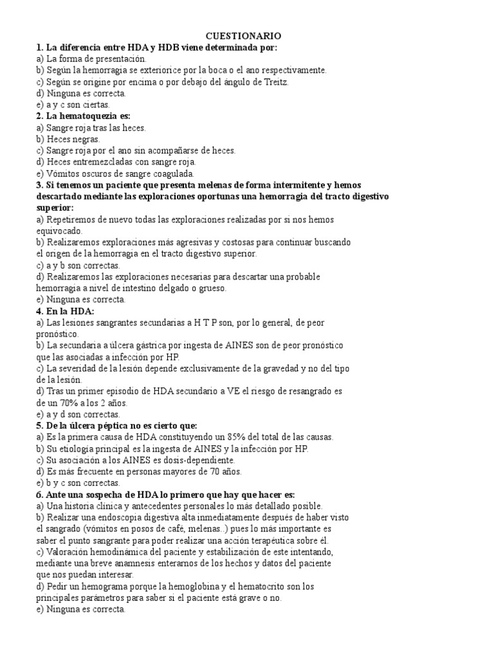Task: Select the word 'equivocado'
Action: pyautogui.click(x=59, y=231)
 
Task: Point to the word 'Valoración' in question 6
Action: pyautogui.click(x=69, y=551)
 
